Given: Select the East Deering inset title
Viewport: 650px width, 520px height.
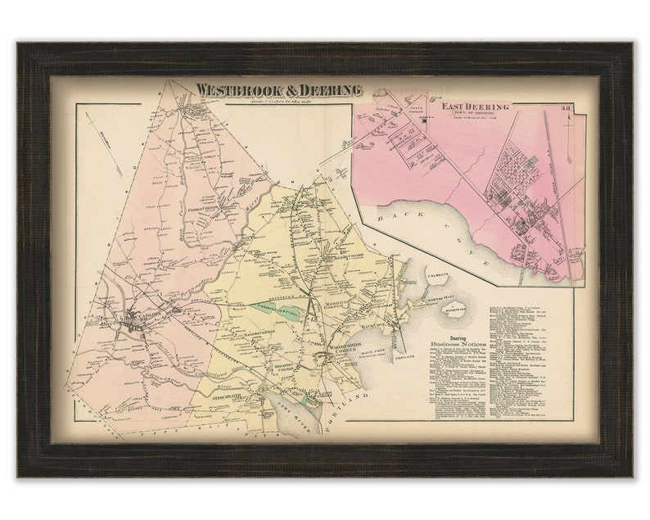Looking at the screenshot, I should tap(476, 106).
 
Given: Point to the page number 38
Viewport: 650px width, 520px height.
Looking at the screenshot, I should tap(565, 108).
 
